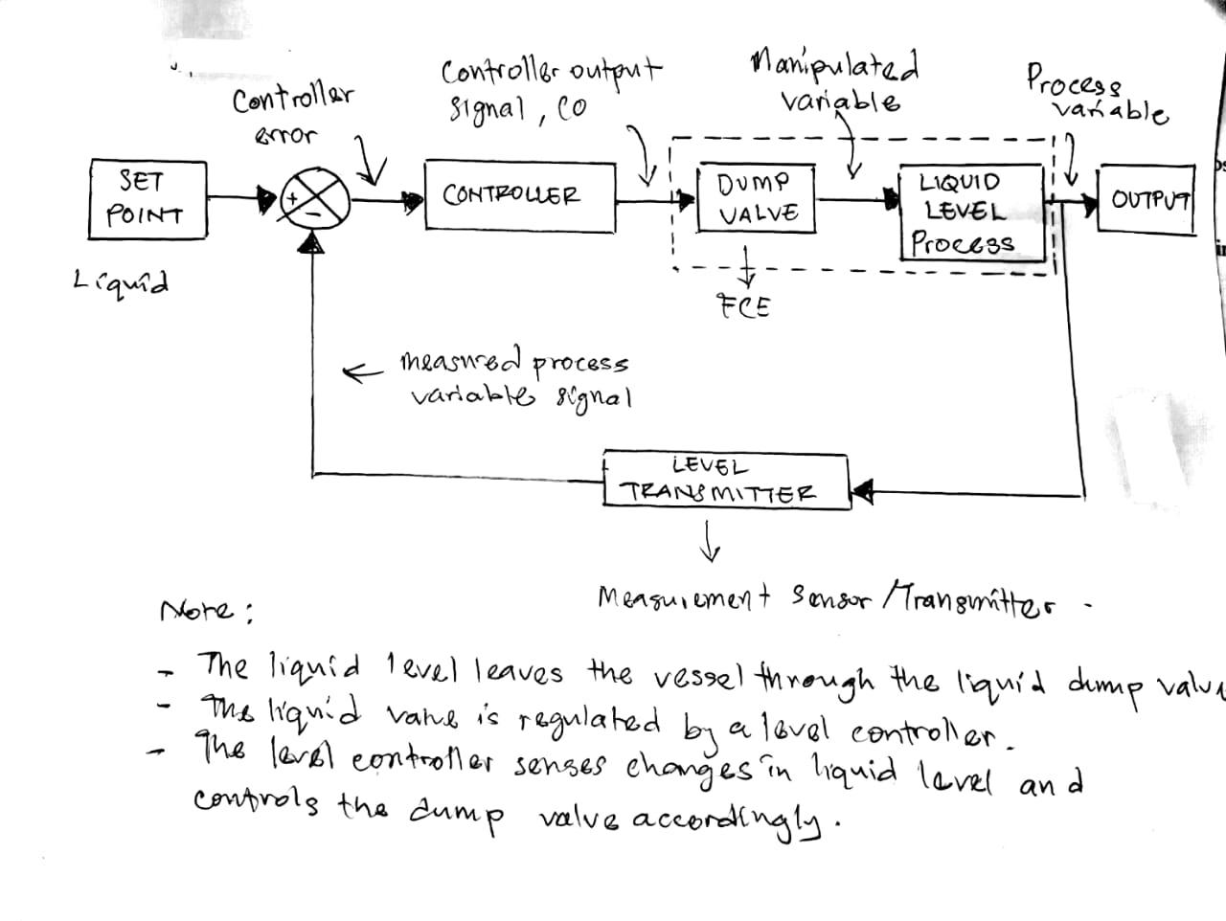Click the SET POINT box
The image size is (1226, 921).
point(147,198)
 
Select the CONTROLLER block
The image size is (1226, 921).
point(518,197)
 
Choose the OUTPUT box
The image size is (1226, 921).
point(1147,200)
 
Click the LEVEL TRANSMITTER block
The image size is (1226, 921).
point(725,480)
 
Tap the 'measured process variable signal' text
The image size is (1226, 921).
point(517,379)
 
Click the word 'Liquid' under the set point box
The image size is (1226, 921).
point(121,282)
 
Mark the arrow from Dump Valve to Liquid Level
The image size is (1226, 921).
point(856,201)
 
